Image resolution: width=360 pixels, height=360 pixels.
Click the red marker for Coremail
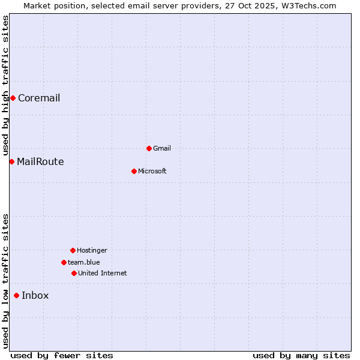coord(13,98)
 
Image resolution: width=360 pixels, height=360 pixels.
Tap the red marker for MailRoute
coord(11,161)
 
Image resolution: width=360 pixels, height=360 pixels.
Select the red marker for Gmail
coord(149,148)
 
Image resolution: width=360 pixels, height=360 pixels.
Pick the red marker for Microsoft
coord(134,171)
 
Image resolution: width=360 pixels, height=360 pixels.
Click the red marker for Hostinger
coord(73,250)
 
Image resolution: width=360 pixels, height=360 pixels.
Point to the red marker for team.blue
coord(64,262)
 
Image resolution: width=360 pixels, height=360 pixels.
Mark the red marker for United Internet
coord(74,273)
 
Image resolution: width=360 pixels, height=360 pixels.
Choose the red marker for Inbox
coord(16,295)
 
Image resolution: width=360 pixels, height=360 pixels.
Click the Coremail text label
coord(39,98)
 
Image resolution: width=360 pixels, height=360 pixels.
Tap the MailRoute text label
coord(40,162)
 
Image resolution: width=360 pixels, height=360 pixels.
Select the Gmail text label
coord(162,149)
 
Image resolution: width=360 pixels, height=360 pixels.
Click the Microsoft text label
coord(152,172)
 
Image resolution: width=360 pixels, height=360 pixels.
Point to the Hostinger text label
coord(92,251)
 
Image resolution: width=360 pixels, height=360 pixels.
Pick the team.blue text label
coord(84,263)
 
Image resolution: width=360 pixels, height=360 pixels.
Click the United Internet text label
coord(103,274)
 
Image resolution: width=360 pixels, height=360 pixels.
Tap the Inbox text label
coord(35,296)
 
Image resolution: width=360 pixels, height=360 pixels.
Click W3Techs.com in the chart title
coord(308,6)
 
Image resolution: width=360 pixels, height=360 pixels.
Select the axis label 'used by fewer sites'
coord(62,356)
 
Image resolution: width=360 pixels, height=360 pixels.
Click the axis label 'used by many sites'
coord(301,356)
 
